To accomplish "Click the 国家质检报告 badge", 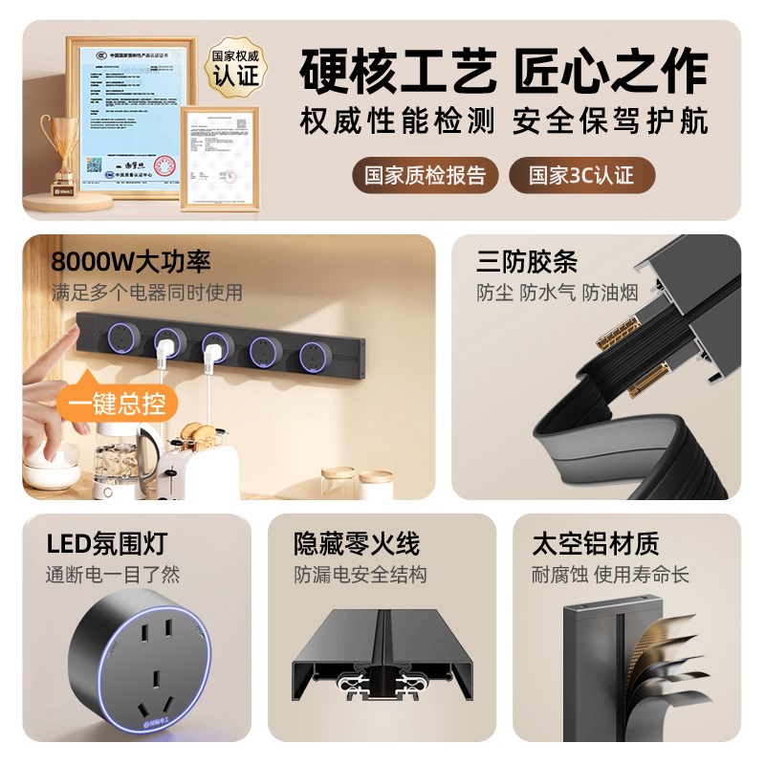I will click(426, 176).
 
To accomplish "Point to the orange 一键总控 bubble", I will click(117, 403).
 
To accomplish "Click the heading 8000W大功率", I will click(131, 261).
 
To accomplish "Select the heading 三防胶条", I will click(527, 261).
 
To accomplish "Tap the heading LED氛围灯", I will click(107, 544).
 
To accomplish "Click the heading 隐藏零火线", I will click(357, 544).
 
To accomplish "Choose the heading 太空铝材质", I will click(596, 544).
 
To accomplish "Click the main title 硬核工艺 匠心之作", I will click(504, 73).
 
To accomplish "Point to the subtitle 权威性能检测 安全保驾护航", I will click(504, 121).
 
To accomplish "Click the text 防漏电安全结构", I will click(361, 575).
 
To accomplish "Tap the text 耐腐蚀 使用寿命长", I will click(610, 575).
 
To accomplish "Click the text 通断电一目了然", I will click(113, 575).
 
